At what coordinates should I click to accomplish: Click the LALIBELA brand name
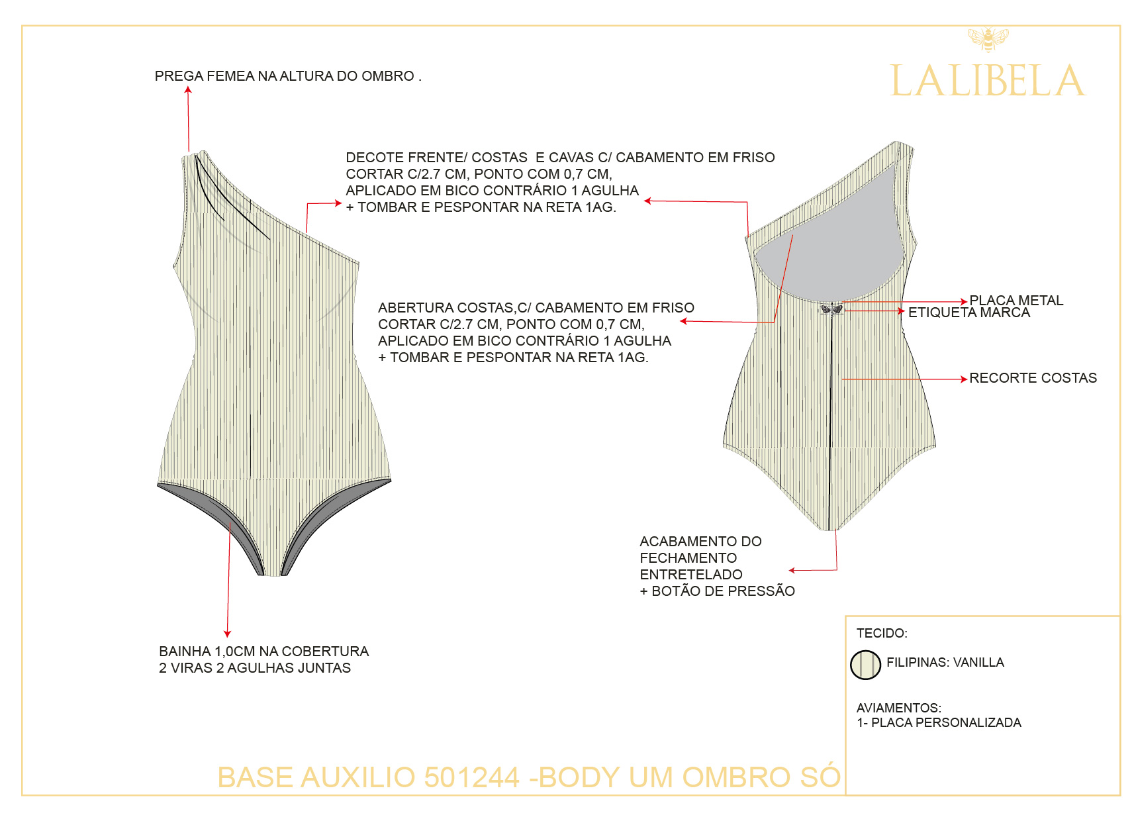(988, 81)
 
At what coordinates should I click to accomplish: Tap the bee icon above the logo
(988, 39)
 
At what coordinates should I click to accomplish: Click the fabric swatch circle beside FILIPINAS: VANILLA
(865, 665)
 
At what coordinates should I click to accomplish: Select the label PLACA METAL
(1016, 301)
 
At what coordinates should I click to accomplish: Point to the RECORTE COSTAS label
(1033, 378)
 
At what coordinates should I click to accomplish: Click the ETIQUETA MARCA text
(969, 313)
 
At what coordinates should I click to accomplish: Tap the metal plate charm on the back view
(831, 309)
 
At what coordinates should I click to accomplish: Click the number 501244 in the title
(471, 777)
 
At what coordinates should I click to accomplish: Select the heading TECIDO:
(882, 633)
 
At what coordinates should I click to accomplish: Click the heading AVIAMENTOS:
(898, 708)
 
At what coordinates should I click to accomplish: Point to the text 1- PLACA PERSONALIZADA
(939, 722)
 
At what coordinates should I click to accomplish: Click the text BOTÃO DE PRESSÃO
(723, 591)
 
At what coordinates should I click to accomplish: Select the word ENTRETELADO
(690, 575)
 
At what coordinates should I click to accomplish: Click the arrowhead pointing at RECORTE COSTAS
(965, 379)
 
